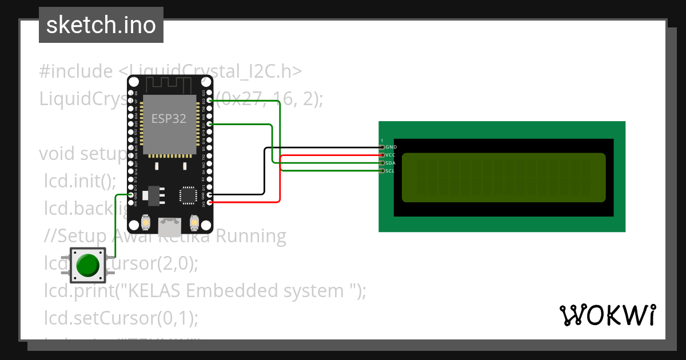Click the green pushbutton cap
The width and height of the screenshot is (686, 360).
pyautogui.click(x=88, y=265)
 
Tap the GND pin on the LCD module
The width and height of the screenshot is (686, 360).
pyautogui.click(x=382, y=147)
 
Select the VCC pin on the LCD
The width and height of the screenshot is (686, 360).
pyautogui.click(x=382, y=155)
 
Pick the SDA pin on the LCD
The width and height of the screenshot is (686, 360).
pyautogui.click(x=382, y=163)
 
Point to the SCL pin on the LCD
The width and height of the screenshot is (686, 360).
pyautogui.click(x=382, y=171)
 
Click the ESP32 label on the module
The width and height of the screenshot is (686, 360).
pyautogui.click(x=169, y=118)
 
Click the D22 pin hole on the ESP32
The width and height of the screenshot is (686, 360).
pyautogui.click(x=209, y=101)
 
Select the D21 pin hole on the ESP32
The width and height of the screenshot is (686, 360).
pyautogui.click(x=209, y=124)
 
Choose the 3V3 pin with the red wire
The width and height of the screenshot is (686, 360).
pyautogui.click(x=209, y=202)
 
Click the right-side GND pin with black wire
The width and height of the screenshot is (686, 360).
pyautogui.click(x=209, y=194)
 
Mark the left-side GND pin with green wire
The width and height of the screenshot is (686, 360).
pyautogui.click(x=131, y=195)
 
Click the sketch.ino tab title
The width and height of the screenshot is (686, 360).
pyautogui.click(x=101, y=25)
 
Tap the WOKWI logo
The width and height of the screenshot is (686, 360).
pyautogui.click(x=607, y=315)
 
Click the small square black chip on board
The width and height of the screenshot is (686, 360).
pyautogui.click(x=188, y=195)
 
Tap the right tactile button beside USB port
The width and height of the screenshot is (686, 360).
pyautogui.click(x=194, y=221)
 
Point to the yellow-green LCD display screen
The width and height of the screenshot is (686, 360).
pyautogui.click(x=503, y=178)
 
